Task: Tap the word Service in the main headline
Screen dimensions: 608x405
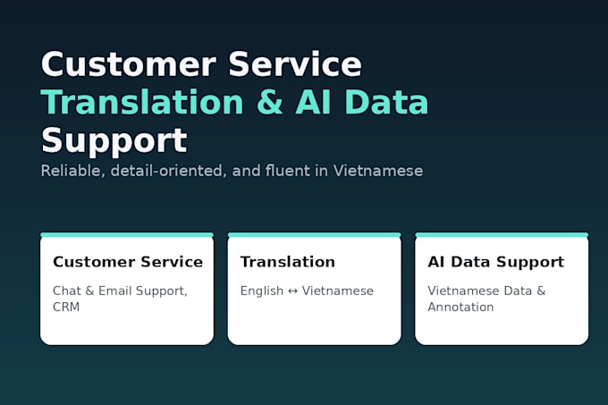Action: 295,64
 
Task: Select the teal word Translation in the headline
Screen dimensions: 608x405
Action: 142,102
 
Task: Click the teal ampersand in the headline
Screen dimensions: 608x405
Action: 270,102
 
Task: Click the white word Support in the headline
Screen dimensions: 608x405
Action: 114,141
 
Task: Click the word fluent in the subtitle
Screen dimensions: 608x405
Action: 288,171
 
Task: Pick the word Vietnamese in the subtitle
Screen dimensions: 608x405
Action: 378,171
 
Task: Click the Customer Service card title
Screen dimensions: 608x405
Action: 128,262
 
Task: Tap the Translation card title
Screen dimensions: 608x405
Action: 288,262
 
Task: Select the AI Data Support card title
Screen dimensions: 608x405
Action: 496,263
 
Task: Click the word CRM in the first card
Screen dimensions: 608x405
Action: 66,307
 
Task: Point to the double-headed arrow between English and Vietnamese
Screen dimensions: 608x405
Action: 292,291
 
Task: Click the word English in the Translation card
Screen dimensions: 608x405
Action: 262,291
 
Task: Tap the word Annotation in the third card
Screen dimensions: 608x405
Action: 460,307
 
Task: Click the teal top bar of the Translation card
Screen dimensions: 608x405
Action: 315,235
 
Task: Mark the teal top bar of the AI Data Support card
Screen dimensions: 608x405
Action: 502,235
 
